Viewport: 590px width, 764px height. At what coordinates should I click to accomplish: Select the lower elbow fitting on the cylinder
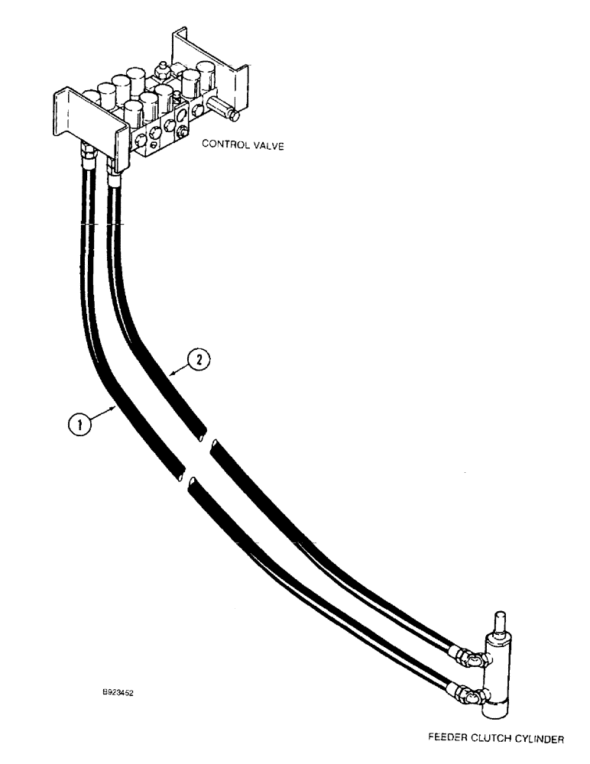471,695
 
